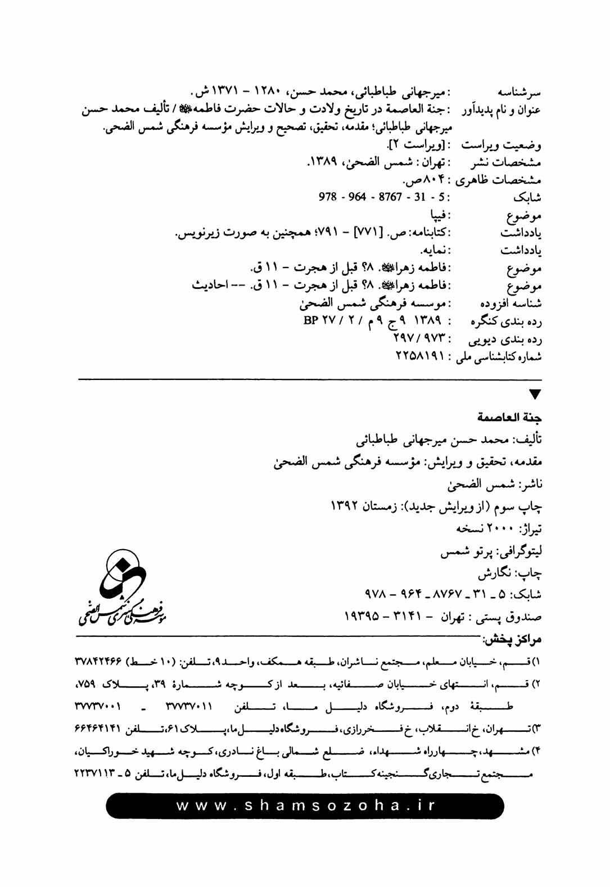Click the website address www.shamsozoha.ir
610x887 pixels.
coord(306,805)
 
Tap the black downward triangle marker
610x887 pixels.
coord(535,395)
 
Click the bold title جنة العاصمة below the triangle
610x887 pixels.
coord(509,417)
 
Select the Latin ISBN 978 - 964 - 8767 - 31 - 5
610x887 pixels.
coord(384,197)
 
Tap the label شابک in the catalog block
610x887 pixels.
coord(527,198)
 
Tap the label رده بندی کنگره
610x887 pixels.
coord(505,322)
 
